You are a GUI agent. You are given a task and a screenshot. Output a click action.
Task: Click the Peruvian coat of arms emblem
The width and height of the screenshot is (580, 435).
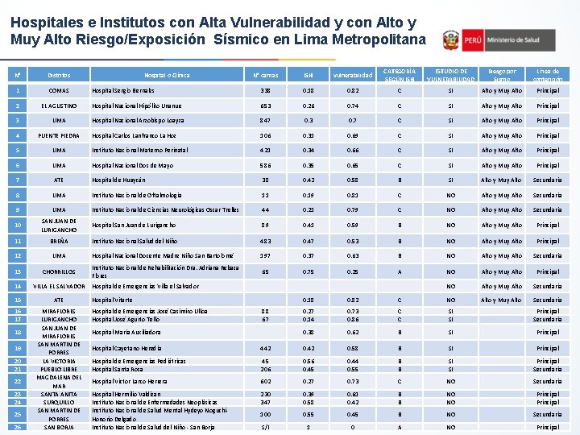(x=451, y=39)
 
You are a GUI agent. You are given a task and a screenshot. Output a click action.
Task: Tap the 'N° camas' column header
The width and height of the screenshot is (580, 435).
(x=266, y=75)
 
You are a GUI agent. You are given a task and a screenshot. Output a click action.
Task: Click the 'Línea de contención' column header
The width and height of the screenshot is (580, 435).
(x=548, y=75)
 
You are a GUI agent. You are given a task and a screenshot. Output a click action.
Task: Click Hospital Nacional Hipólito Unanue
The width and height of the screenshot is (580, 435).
(x=138, y=106)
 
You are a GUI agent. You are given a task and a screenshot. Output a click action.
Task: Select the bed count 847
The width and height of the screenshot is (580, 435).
(x=266, y=121)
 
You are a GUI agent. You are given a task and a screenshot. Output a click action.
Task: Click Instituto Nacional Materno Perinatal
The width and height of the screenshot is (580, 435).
(x=139, y=151)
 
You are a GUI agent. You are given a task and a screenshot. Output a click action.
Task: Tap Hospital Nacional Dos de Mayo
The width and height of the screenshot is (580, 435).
(x=132, y=166)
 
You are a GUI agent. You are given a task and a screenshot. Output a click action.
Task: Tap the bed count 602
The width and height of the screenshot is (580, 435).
(x=266, y=381)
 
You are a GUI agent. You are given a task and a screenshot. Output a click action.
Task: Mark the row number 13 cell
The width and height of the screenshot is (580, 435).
(x=18, y=271)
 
